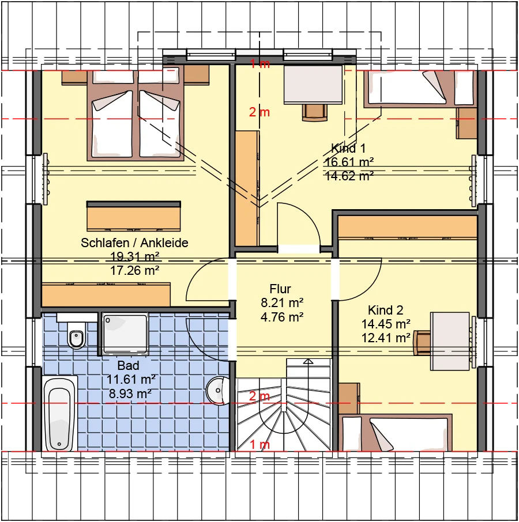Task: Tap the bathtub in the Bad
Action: pos(59,413)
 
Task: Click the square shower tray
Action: pos(125,333)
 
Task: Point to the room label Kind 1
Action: pos(348,148)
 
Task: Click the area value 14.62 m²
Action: pos(349,176)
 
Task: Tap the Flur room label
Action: pos(280,289)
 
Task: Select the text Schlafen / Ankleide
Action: pos(134,243)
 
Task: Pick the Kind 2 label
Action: pos(385,311)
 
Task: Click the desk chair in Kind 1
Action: pos(314,112)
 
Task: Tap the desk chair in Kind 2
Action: pos(422,343)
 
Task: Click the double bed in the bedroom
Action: pos(136,115)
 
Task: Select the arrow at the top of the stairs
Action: pos(308,361)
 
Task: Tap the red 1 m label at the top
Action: pos(260,64)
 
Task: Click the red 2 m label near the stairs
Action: pos(259,396)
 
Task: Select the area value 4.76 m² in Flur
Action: pos(282,317)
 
